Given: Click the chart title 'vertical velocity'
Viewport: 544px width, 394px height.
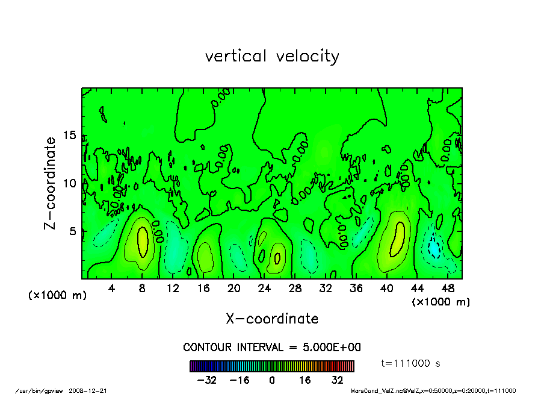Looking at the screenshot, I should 272,56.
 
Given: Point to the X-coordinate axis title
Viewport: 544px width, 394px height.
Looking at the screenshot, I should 272,319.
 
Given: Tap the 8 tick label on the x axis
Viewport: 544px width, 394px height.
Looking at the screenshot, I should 142,289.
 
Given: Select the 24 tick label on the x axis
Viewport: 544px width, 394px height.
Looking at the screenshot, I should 265,289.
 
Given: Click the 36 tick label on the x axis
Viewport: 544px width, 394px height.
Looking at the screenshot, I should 356,289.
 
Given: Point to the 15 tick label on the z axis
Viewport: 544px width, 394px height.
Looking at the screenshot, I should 70,136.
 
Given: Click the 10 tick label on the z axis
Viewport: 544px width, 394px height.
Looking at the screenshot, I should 70,183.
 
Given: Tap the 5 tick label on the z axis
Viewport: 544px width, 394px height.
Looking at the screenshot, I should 73,231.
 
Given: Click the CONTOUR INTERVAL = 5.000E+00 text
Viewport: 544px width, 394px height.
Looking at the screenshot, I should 272,348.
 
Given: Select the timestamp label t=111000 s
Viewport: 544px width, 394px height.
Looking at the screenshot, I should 412,363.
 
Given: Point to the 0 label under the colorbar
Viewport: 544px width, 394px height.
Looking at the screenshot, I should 272,380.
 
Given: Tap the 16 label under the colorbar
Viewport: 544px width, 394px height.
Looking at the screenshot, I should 305,380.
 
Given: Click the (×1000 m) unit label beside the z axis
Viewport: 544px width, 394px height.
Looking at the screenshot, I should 57,295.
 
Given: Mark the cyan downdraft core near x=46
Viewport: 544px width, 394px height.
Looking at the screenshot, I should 433,247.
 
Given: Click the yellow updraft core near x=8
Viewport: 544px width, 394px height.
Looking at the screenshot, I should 143,241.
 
